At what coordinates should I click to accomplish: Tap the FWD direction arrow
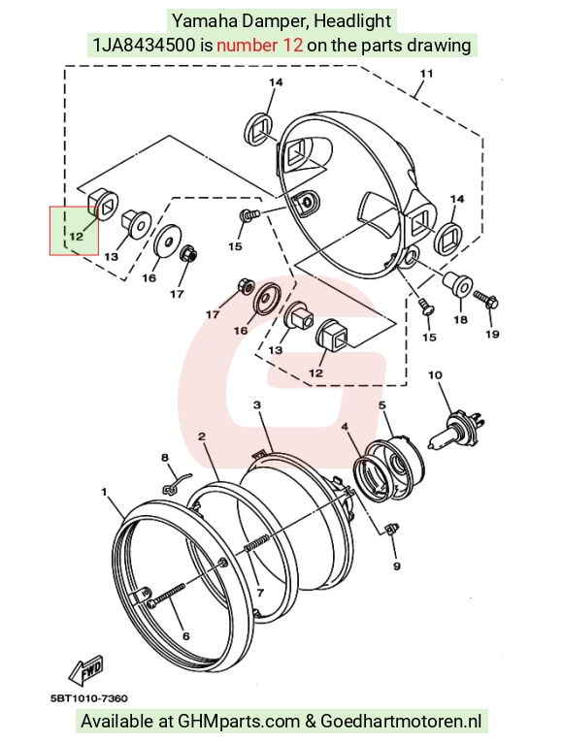[85, 668]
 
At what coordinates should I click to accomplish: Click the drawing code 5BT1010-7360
[89, 698]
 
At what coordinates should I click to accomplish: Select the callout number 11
[426, 74]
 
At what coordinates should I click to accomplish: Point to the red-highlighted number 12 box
[75, 231]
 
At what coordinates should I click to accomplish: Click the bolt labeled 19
[486, 299]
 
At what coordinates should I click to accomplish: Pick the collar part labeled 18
[458, 283]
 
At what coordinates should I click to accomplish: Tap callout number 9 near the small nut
[397, 566]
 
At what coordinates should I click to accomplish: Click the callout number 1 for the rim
[104, 492]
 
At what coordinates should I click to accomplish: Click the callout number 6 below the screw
[185, 636]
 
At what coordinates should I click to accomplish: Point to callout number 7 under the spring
[260, 593]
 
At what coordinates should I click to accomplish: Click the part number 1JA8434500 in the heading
[144, 46]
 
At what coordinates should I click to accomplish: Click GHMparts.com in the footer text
[239, 722]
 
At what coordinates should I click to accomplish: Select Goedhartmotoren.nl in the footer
[401, 722]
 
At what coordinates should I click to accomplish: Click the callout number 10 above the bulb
[435, 375]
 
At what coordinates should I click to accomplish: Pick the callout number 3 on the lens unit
[256, 405]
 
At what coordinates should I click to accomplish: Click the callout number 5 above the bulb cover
[382, 405]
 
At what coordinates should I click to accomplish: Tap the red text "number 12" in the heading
[260, 46]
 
